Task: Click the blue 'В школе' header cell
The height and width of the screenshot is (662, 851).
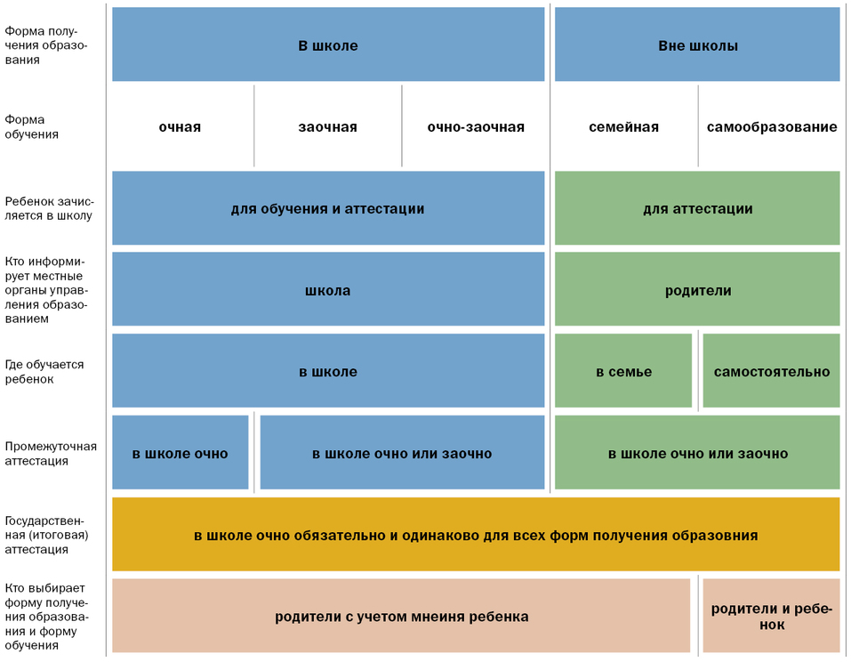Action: (327, 45)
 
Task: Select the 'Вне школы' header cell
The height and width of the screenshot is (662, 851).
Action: (697, 45)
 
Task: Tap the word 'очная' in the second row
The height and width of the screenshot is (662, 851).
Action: (180, 127)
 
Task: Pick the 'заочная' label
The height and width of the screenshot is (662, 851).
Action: (327, 127)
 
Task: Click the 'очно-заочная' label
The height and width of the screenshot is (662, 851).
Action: (475, 127)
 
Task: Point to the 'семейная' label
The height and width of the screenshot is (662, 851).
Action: (623, 127)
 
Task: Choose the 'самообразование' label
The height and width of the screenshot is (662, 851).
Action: (771, 127)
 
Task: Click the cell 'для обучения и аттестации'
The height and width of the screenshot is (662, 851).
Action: (327, 209)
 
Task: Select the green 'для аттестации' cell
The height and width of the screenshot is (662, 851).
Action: (697, 209)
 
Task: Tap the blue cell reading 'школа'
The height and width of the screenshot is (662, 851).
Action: (327, 291)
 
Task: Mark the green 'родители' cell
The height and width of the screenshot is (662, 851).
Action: (697, 291)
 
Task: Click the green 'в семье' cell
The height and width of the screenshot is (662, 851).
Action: (623, 372)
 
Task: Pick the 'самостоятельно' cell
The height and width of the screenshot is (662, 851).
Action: (771, 372)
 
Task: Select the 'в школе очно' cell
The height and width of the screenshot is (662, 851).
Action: (180, 454)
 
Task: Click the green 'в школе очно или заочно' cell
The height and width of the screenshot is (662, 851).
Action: (697, 454)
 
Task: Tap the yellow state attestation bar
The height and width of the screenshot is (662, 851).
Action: (476, 536)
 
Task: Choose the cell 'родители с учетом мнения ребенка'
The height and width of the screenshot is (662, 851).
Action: (401, 617)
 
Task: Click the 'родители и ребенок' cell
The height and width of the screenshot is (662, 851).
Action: (771, 617)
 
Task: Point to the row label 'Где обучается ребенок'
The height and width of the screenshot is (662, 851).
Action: (44, 372)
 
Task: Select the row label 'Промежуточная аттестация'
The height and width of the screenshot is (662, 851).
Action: (51, 454)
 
